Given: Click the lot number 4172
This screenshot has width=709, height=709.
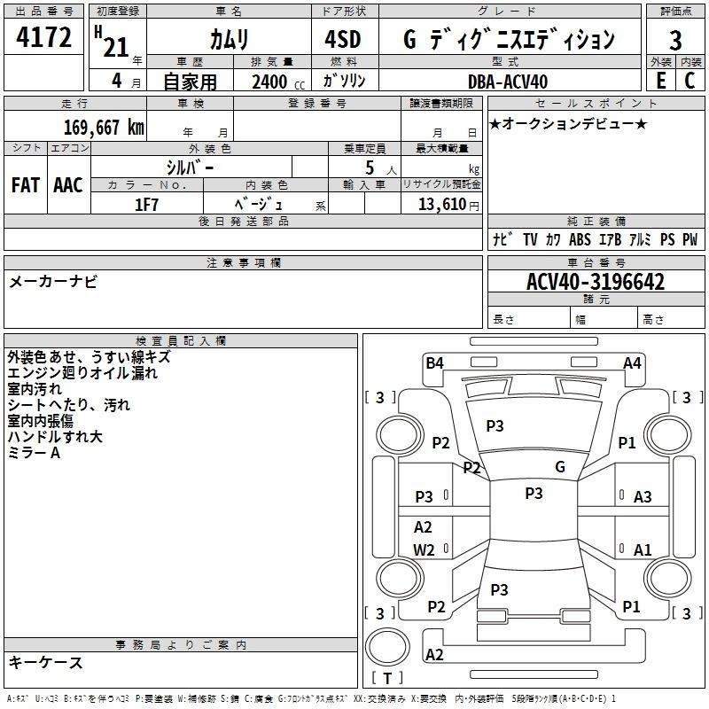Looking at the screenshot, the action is (43, 37).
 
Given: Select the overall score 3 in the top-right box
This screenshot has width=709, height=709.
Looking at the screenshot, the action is (675, 40).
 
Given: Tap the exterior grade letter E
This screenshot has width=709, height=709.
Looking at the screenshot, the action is (661, 81).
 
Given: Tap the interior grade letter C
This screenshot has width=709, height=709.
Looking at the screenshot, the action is (690, 81).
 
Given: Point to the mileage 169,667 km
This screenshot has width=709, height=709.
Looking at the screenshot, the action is (104, 128).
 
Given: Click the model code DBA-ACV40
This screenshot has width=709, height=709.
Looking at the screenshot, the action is (508, 82).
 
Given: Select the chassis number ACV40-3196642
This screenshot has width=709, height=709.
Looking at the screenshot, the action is (596, 282).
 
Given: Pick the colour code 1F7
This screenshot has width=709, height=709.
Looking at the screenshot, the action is (146, 205).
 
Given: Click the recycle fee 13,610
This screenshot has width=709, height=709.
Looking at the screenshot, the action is (441, 204).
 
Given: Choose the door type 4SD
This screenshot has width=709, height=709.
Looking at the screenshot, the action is (343, 39).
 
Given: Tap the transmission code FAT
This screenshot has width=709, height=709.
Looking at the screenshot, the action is (26, 185).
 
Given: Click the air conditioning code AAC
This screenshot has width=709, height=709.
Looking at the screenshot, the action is (68, 185).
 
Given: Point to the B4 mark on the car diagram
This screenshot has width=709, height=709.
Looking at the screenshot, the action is (434, 363).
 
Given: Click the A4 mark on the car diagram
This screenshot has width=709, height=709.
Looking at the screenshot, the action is (632, 363).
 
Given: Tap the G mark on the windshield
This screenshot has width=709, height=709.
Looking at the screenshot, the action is (560, 467).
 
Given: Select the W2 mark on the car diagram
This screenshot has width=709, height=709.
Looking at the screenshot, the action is (424, 549).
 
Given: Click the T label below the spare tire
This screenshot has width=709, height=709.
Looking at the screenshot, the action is (387, 678).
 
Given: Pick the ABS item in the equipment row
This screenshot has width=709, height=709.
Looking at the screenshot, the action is (580, 239).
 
